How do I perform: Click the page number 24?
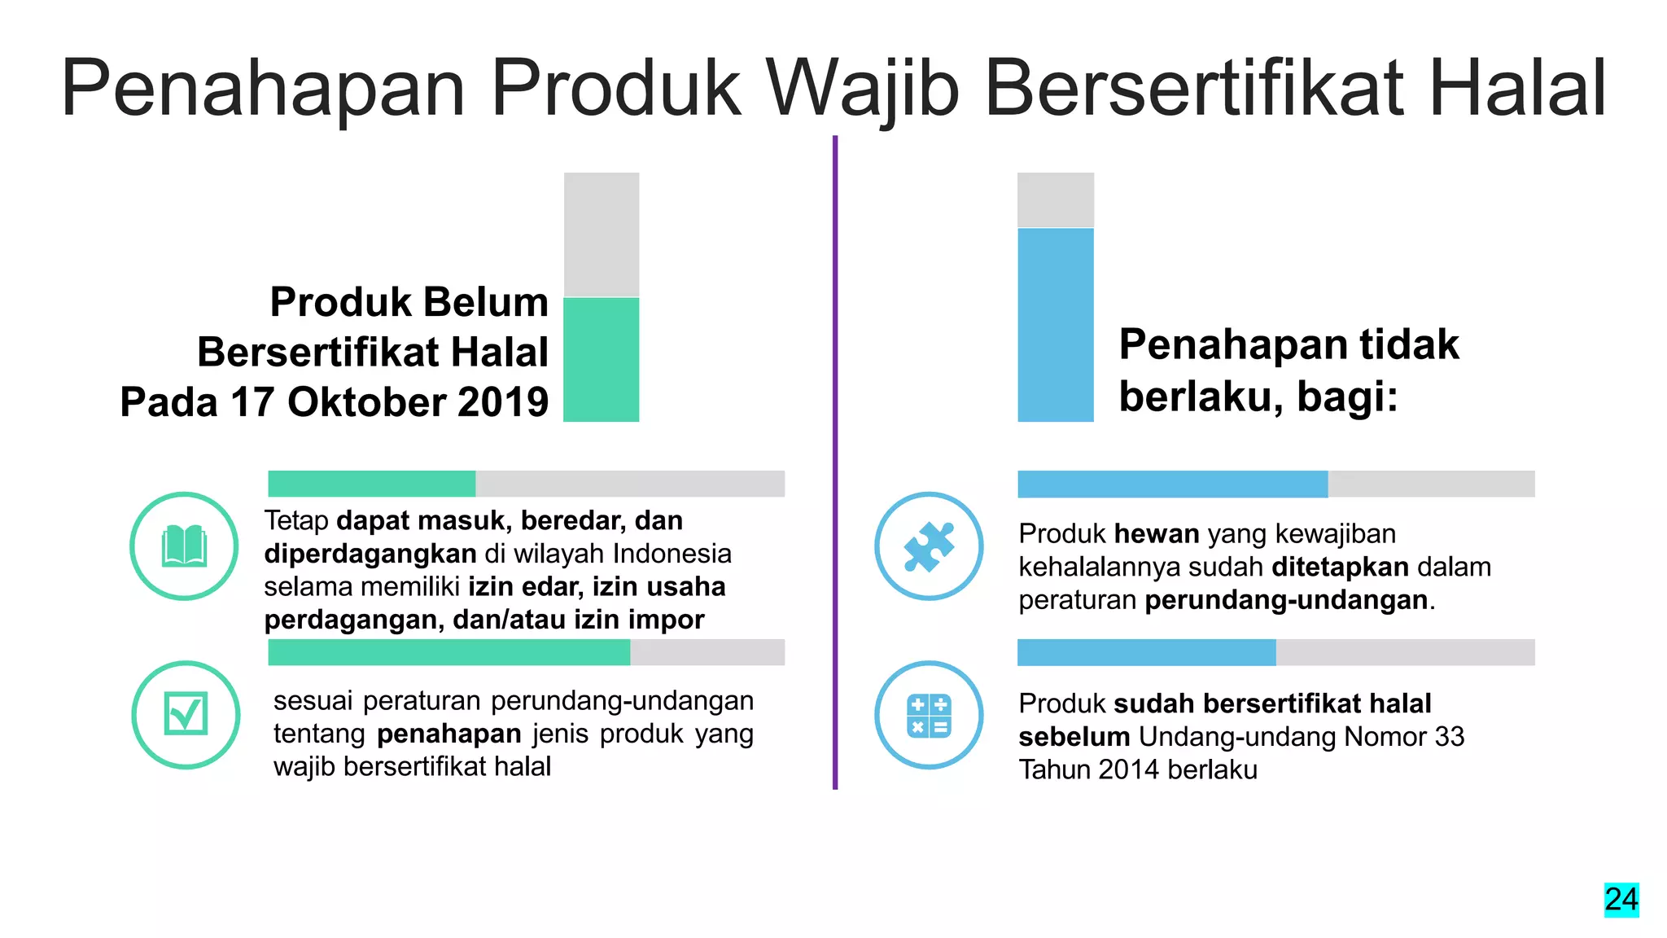point(1621,900)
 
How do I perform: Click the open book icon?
point(184,546)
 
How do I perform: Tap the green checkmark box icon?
point(186,714)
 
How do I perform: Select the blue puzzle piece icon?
point(929,546)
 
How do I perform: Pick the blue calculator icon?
point(929,715)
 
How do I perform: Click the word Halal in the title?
point(1517,88)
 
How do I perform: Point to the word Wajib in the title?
point(863,88)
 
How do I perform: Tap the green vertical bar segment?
point(601,359)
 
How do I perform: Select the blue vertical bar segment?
point(1055,324)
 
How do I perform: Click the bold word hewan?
point(1156,534)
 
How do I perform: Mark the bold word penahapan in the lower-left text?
point(448,734)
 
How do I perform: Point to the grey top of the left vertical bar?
point(601,234)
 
